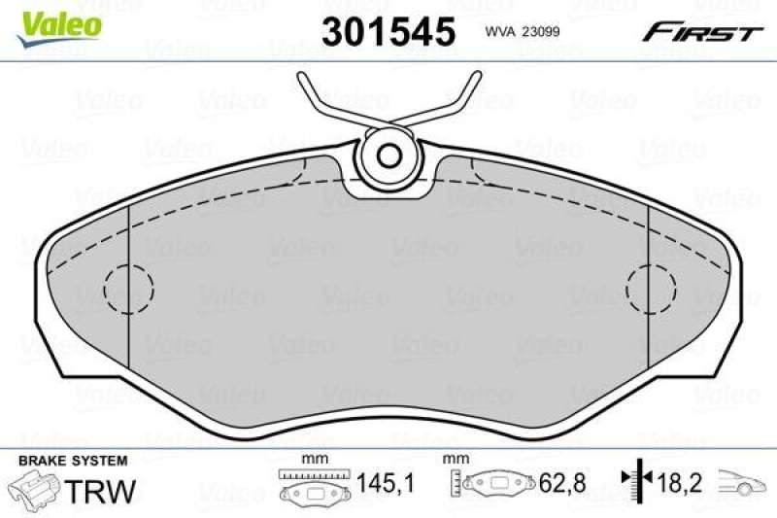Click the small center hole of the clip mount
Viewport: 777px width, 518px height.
point(389,155)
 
